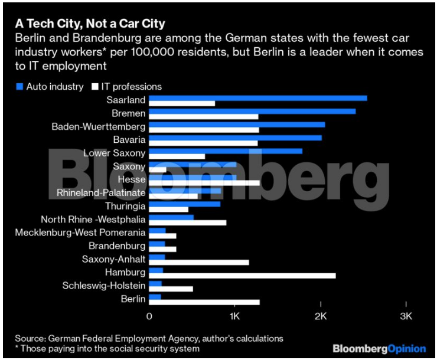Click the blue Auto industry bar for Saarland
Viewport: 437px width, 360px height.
tap(257, 98)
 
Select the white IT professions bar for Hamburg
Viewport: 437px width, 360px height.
tap(242, 276)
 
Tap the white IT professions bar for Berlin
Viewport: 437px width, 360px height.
tap(204, 302)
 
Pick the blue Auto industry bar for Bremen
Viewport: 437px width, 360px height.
tap(252, 111)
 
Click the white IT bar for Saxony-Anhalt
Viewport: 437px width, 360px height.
tap(199, 262)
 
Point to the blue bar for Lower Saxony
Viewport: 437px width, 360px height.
tap(226, 151)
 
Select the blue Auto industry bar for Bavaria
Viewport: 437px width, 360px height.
tap(235, 138)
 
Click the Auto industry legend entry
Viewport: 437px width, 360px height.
tap(50, 86)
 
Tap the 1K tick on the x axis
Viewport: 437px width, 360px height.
tap(234, 317)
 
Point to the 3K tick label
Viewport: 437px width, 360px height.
tap(406, 317)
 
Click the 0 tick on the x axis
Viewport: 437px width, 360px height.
tap(149, 317)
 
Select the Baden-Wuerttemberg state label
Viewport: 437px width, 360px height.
tap(98, 126)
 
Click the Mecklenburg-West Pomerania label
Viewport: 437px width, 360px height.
tap(80, 233)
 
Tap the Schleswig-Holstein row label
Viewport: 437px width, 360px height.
tap(104, 286)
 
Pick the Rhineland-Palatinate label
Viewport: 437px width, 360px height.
tap(101, 192)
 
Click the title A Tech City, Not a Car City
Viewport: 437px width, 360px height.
tap(89, 24)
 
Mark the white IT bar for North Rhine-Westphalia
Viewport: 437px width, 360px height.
tap(187, 222)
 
